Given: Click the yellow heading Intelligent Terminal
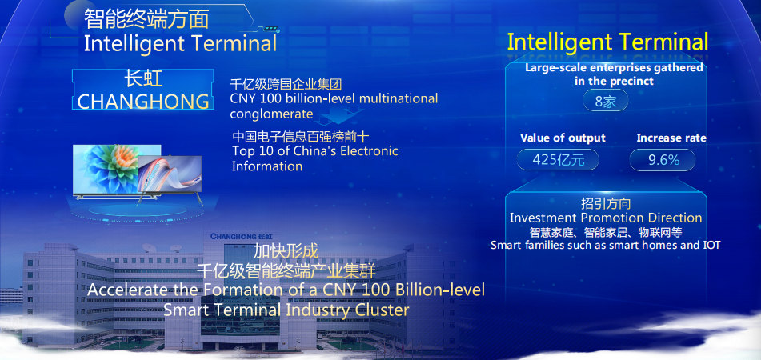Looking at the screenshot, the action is tap(607, 42).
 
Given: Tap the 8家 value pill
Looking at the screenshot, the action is tap(606, 101).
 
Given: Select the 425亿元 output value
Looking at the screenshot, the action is tap(558, 160).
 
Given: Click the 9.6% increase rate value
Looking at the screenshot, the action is tap(663, 160).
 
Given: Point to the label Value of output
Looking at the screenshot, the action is tap(563, 138).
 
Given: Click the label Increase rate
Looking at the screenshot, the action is tap(671, 138).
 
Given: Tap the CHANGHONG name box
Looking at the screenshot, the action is tap(143, 90).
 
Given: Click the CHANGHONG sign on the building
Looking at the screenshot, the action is tap(241, 236).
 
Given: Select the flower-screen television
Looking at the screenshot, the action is tap(117, 170).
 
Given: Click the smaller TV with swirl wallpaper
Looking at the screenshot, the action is tap(170, 177).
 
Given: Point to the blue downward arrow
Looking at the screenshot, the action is tap(341, 117).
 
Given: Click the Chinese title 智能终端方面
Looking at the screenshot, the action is tap(146, 20).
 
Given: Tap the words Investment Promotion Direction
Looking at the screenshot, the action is tap(606, 218).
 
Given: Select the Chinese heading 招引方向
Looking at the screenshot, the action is tap(606, 203).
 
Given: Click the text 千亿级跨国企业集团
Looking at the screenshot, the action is tap(286, 85).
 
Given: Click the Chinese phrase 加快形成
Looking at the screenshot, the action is tap(286, 251).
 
